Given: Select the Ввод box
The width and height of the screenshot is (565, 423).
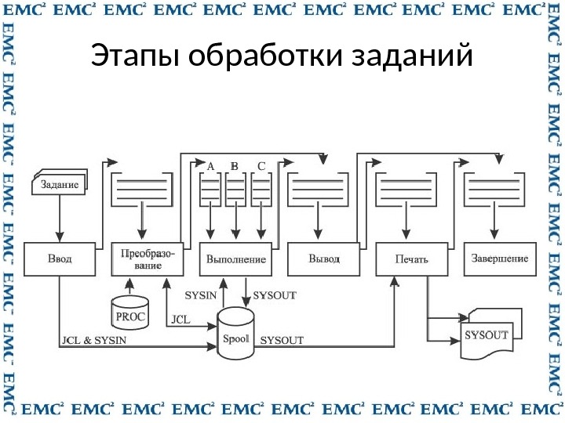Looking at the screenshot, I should click(59, 259).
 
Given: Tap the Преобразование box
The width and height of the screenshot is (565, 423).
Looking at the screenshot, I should click(147, 259).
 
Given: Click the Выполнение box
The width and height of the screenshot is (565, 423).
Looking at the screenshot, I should click(235, 259).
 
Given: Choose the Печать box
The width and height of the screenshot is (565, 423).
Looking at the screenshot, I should click(406, 259).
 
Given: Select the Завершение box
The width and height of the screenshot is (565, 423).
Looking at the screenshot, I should click(499, 259).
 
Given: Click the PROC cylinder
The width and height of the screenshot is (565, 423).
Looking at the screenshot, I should click(129, 313).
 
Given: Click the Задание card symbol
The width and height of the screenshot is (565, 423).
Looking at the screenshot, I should click(59, 184).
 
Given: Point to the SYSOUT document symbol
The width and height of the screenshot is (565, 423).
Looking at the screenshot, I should click(487, 337).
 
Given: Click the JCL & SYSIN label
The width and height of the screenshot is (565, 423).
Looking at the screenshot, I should click(93, 341).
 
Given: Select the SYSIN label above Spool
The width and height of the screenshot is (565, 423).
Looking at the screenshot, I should click(200, 296).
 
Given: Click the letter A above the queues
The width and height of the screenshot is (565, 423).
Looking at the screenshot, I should click(210, 166).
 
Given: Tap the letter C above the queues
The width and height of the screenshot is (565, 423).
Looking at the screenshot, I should click(261, 166).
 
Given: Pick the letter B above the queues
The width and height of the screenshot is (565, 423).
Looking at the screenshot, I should click(235, 166).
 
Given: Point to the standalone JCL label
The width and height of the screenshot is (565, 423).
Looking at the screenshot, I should click(180, 320).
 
